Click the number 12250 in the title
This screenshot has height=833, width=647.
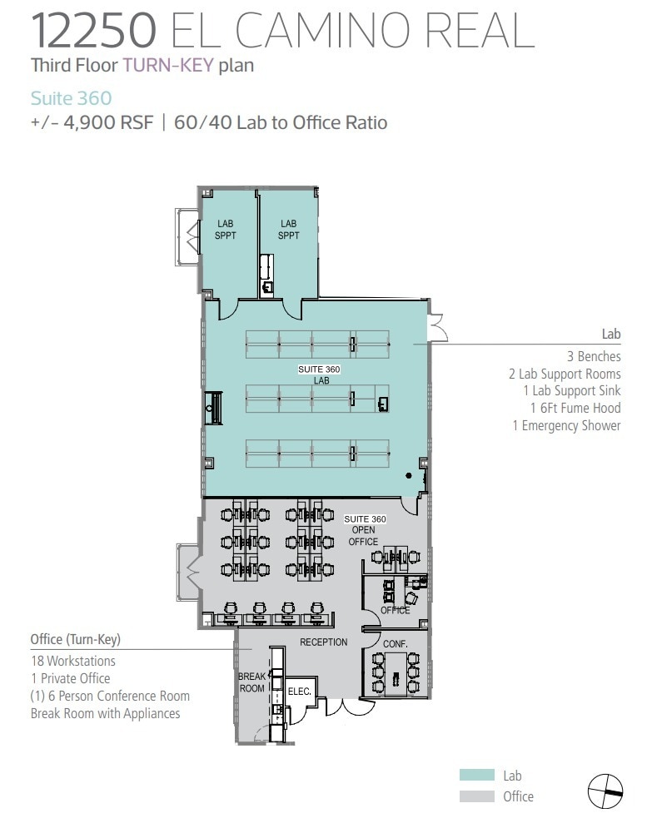93,30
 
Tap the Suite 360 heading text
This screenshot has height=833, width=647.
71,98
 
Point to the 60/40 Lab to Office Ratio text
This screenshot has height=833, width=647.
281,122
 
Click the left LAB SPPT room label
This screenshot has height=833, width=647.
226,230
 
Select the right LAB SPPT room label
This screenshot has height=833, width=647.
288,230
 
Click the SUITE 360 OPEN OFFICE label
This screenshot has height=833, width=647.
365,530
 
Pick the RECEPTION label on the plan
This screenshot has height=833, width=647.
324,642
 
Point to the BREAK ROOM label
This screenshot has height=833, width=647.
252,682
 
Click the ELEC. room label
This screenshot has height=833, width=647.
299,692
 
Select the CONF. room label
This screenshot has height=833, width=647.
395,644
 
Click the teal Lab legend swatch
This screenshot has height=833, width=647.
477,775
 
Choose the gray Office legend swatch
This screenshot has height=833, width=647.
477,796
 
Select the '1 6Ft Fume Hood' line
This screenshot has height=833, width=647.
575,408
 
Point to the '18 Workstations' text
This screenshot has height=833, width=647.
73,661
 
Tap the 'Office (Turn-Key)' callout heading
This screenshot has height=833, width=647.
76,639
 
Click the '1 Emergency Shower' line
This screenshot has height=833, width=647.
566,425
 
